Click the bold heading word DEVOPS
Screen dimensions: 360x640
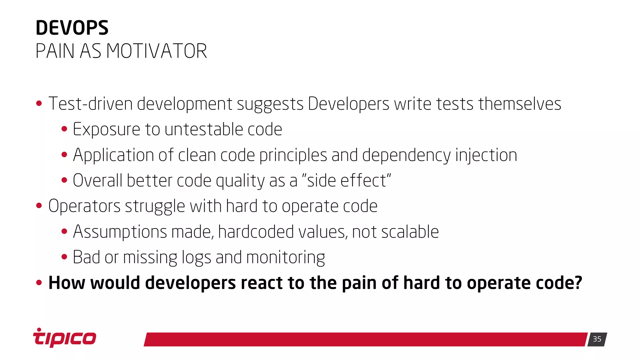pos(72,28)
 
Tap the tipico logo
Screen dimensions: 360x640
pos(65,338)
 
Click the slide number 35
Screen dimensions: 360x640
pos(597,339)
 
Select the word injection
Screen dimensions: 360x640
pos(486,155)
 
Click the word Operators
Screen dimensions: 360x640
pos(84,206)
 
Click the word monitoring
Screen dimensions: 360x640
pos(285,258)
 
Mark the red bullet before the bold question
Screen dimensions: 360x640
pos(39,283)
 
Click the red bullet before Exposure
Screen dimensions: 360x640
pos(64,129)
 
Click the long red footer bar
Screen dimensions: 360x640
pos(366,339)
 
